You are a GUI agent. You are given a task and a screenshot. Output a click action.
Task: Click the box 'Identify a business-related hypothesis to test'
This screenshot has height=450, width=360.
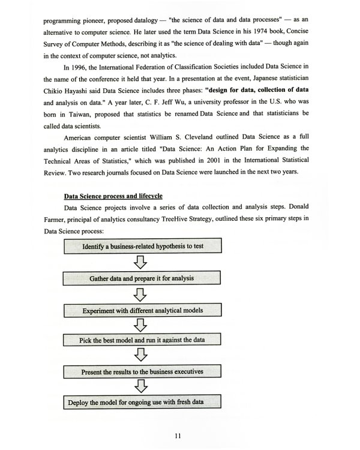[142, 247]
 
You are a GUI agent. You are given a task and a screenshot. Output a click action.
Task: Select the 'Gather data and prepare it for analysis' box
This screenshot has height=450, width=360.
[142, 278]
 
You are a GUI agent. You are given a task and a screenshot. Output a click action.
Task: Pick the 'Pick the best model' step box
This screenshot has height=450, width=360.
[142, 340]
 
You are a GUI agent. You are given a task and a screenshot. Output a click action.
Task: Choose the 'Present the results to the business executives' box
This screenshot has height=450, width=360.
[142, 371]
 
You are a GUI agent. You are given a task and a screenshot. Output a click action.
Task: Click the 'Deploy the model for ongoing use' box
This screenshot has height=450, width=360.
[142, 402]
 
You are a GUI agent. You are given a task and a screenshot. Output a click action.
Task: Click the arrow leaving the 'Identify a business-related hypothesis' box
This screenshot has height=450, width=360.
[142, 262]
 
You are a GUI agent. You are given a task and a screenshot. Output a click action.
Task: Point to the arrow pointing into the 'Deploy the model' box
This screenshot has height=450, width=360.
[142, 387]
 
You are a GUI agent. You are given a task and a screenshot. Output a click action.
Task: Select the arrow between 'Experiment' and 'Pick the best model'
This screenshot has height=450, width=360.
[142, 325]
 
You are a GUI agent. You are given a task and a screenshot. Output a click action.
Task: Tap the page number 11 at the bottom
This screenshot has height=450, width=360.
[178, 436]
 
